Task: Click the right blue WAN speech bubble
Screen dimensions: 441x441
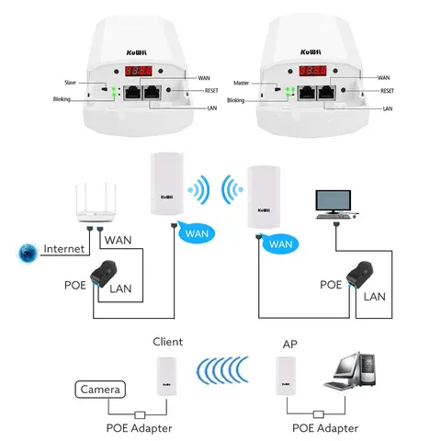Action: tap(281, 244)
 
